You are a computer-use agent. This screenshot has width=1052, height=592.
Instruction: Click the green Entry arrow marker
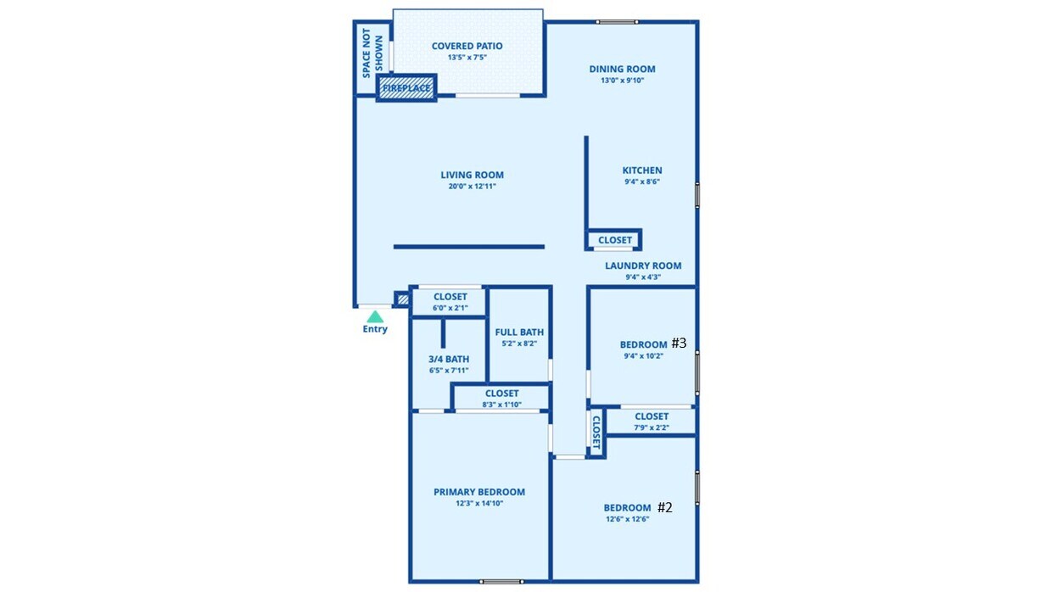(374, 316)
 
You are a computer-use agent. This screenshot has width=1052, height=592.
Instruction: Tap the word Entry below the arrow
(375, 329)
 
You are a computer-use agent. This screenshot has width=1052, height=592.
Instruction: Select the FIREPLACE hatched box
(406, 87)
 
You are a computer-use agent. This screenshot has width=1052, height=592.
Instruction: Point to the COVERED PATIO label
(467, 47)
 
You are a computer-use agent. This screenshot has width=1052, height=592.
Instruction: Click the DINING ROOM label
(622, 70)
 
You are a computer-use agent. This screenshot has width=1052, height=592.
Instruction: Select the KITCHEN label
(642, 170)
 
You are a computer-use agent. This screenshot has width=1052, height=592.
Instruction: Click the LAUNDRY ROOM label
(642, 265)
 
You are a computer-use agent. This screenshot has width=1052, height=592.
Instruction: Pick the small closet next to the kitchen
(614, 240)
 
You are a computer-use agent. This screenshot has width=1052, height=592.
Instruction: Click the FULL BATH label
(519, 332)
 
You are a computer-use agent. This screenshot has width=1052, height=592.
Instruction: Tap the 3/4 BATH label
(448, 359)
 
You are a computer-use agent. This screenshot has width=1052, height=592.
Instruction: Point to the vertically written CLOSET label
(596, 433)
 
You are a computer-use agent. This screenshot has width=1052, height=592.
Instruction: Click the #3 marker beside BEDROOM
(679, 343)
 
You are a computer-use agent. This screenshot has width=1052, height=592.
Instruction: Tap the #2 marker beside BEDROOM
(665, 507)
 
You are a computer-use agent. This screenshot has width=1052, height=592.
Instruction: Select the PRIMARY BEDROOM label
(478, 492)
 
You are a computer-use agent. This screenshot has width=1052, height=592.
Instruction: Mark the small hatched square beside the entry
(402, 299)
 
